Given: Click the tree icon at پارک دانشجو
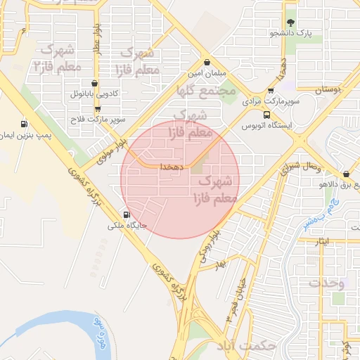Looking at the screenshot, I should pyautogui.click(x=290, y=22).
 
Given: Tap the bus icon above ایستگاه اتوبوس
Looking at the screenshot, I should pyautogui.click(x=266, y=115).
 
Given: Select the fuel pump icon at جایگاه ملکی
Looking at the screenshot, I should pyautogui.click(x=127, y=215).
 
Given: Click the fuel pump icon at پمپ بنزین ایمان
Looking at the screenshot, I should pyautogui.click(x=25, y=123).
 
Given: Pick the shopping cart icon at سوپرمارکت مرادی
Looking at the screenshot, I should pyautogui.click(x=271, y=91).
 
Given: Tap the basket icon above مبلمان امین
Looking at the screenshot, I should pyautogui.click(x=206, y=62).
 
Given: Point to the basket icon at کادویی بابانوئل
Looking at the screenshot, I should pyautogui.click(x=95, y=83).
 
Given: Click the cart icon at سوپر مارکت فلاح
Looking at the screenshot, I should pyautogui.click(x=97, y=109).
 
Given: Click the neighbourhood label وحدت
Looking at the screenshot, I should pyautogui.click(x=327, y=283).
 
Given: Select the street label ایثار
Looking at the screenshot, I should pyautogui.click(x=323, y=241).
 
